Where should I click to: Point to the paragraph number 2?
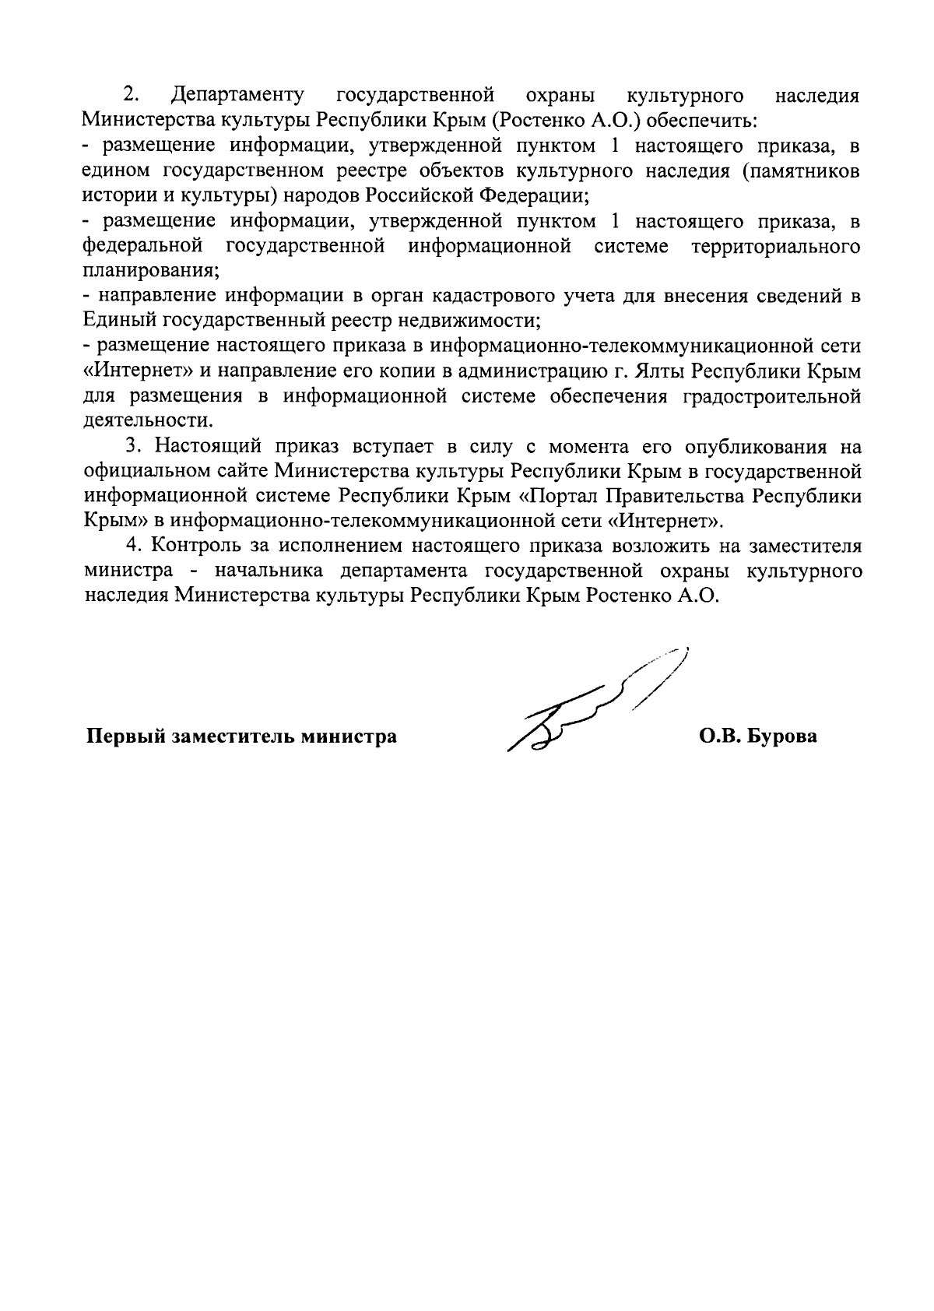tap(131, 96)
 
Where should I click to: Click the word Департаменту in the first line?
tap(237, 96)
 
